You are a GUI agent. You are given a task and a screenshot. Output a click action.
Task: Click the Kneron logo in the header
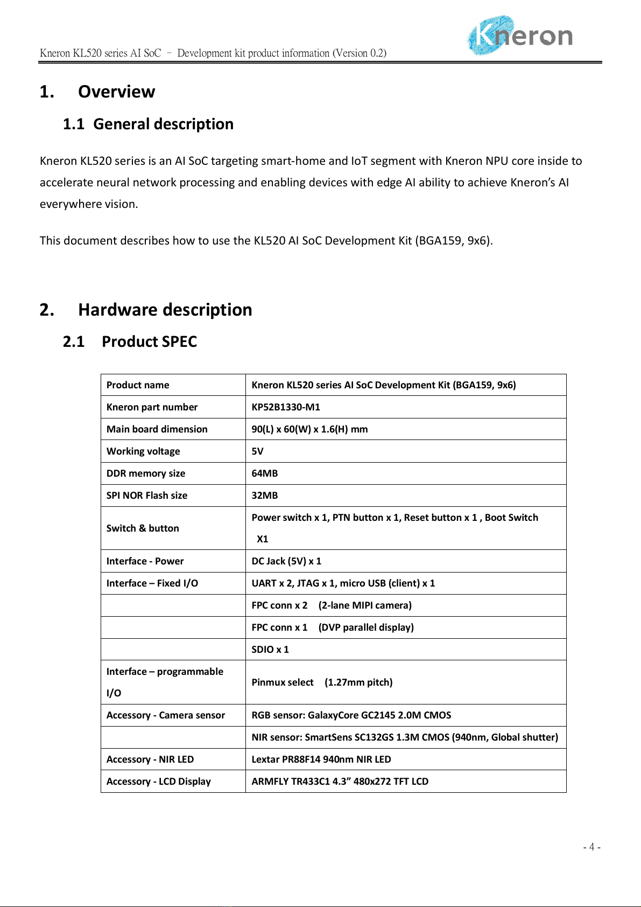click(x=519, y=36)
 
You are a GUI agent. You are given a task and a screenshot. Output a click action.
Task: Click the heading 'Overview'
click(x=116, y=92)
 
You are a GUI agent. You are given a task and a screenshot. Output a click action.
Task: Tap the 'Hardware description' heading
click(x=165, y=310)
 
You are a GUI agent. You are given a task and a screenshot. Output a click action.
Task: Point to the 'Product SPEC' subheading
click(x=149, y=341)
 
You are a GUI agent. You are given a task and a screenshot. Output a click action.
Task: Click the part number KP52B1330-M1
click(x=286, y=407)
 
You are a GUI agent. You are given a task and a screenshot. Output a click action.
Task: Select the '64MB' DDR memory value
click(x=265, y=473)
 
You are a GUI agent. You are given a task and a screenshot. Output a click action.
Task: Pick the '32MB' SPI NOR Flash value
click(x=265, y=496)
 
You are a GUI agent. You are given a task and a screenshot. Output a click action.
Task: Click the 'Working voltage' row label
click(x=143, y=451)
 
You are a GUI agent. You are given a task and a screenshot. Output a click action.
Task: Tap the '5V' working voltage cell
click(x=258, y=451)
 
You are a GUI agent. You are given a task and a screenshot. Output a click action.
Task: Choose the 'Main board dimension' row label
click(x=157, y=429)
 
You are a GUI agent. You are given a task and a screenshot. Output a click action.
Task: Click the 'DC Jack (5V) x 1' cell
click(x=286, y=561)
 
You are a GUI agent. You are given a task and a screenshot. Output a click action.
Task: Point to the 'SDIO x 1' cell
click(x=270, y=650)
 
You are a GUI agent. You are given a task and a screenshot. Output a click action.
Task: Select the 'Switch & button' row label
click(x=143, y=528)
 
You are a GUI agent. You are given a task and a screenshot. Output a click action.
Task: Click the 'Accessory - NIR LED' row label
click(x=150, y=759)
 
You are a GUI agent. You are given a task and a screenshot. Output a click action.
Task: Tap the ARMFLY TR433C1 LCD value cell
click(x=340, y=782)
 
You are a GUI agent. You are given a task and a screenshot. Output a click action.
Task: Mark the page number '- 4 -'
click(x=591, y=847)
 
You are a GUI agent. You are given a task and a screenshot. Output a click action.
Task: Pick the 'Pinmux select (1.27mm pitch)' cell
click(x=322, y=682)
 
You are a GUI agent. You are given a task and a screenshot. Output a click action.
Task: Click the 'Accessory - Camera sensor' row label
click(x=166, y=715)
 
